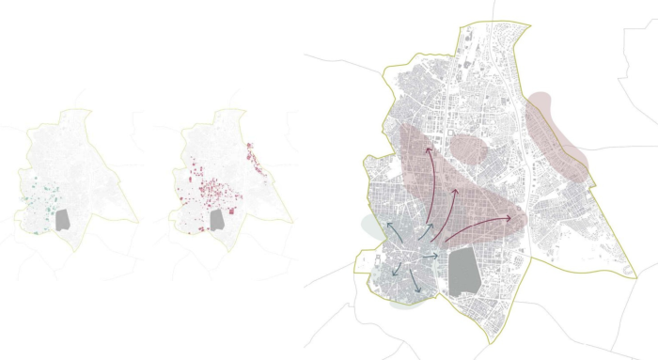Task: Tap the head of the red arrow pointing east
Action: click(x=524, y=218)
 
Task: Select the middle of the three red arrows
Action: click(x=457, y=191)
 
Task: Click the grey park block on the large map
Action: click(x=463, y=272)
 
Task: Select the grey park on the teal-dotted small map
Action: click(x=64, y=220)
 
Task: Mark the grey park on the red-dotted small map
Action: click(x=216, y=219)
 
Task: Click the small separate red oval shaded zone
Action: click(x=468, y=148)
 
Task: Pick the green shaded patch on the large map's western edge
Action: click(x=368, y=226)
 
